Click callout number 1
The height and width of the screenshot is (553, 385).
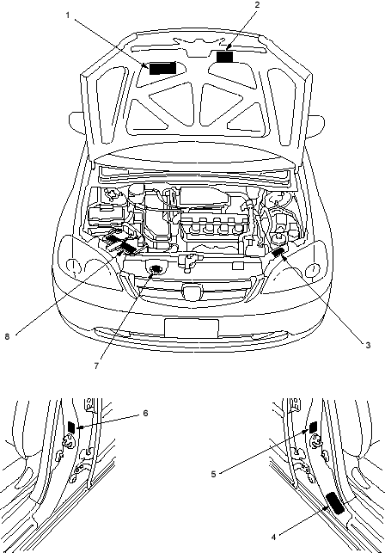[67, 15]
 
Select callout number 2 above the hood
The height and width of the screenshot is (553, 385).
[257, 4]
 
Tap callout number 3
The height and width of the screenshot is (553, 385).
[368, 345]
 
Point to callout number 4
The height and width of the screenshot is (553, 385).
[273, 538]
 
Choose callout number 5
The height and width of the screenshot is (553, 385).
[213, 475]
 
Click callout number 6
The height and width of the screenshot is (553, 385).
[145, 413]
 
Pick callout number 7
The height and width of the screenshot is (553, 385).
[96, 366]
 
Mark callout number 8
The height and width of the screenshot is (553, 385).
[7, 337]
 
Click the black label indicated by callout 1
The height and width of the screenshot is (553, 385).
[162, 68]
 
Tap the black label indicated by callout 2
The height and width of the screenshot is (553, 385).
[224, 57]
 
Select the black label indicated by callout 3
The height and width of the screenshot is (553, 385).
[279, 252]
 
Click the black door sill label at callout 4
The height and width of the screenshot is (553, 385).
[335, 503]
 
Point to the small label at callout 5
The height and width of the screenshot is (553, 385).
[313, 427]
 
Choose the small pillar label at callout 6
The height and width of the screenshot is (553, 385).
[71, 427]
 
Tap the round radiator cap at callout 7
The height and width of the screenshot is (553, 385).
[155, 270]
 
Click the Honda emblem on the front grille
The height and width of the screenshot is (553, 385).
[192, 292]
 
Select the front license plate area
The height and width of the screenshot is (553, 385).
[192, 329]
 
